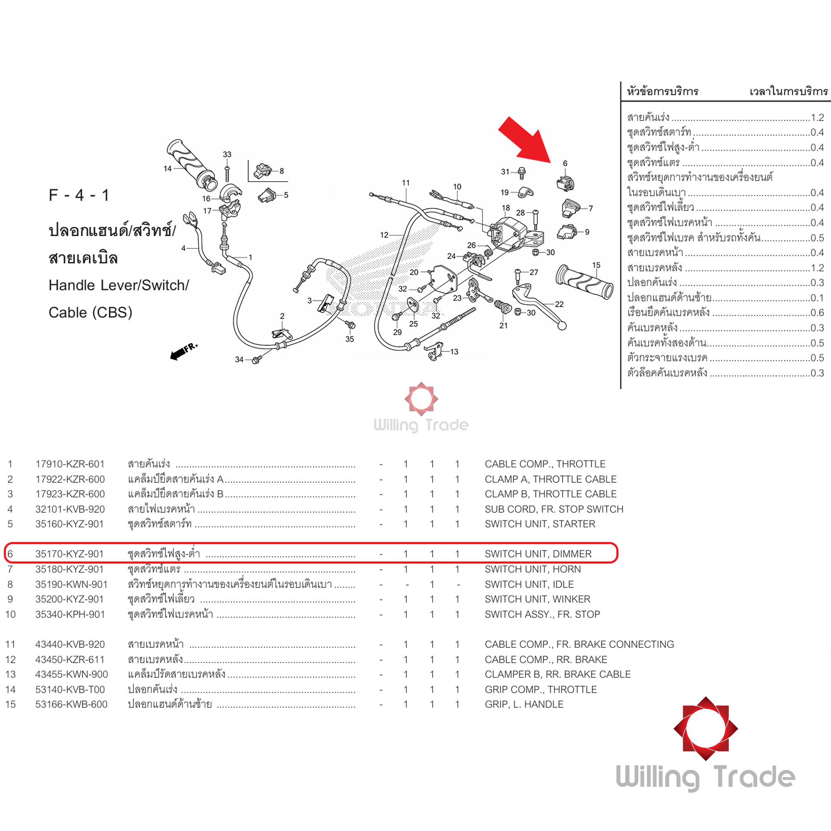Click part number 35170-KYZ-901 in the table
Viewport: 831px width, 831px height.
(x=69, y=554)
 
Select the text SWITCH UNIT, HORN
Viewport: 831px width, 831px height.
(x=533, y=569)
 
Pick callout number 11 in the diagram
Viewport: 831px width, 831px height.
(x=406, y=183)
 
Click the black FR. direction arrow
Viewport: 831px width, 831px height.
(x=183, y=351)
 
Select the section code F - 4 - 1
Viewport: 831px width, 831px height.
(x=79, y=195)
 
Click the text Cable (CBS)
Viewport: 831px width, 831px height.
(x=90, y=312)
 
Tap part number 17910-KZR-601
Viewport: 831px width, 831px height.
(x=70, y=464)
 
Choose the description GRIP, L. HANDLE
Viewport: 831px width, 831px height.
(x=524, y=705)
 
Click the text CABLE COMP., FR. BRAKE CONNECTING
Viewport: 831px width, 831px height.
(x=579, y=644)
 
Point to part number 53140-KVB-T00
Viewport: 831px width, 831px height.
(x=70, y=689)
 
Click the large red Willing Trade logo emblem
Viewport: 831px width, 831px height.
(x=706, y=729)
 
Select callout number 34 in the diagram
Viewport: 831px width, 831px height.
(x=239, y=359)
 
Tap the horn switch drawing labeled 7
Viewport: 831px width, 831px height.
(x=570, y=208)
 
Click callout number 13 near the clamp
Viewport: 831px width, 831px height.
(x=454, y=352)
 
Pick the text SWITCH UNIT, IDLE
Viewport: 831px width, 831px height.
(x=529, y=585)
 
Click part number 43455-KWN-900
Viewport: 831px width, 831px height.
(x=71, y=674)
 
